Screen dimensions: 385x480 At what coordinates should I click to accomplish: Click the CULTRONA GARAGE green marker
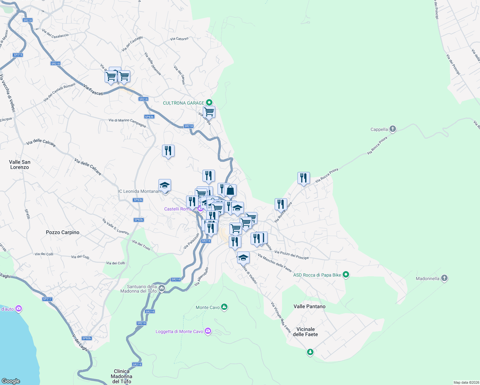[x=209, y=103]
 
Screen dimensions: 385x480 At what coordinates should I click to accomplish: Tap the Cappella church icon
[x=392, y=129]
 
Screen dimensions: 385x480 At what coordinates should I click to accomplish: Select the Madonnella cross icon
[x=444, y=278]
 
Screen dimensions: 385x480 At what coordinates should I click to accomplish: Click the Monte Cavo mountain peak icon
[x=224, y=307]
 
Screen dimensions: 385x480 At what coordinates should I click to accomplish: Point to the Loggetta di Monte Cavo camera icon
[x=208, y=331]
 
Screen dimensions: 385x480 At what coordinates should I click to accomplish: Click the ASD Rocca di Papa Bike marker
[x=346, y=275]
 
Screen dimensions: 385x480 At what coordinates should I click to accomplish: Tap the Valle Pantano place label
[x=309, y=306]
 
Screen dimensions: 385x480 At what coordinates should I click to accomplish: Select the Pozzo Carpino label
[x=63, y=232]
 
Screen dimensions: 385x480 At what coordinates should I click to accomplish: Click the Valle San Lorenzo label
[x=20, y=165]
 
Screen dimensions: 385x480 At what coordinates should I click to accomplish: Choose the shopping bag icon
[x=230, y=190]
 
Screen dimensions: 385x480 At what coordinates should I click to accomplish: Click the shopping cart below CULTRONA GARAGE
[x=209, y=112]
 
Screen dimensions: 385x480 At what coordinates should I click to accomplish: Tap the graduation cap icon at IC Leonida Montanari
[x=165, y=185]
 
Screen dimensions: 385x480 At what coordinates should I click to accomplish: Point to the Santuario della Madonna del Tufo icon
[x=162, y=289]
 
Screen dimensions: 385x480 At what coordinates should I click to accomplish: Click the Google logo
[x=11, y=381]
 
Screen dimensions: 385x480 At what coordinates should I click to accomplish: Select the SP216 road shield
[x=18, y=55]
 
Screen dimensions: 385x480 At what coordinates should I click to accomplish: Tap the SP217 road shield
[x=47, y=299]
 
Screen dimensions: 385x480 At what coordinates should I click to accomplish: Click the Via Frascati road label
[x=93, y=90]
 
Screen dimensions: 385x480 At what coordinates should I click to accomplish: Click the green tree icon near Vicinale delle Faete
[x=310, y=352]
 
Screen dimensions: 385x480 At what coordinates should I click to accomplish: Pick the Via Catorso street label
[x=179, y=39]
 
